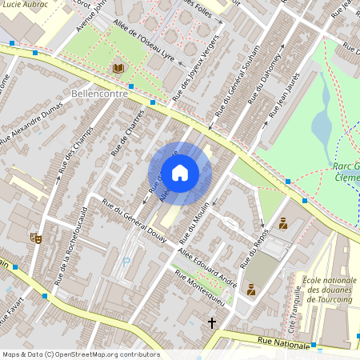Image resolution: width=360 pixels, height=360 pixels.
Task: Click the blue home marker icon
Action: point(180,173)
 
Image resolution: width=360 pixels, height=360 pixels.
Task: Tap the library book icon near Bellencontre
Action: point(119,69)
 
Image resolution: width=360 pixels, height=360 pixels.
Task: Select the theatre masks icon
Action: point(35,238)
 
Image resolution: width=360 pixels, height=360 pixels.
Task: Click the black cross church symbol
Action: point(212,322)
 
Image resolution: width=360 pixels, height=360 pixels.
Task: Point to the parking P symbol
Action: point(126,261)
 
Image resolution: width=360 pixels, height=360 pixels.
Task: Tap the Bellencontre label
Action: point(100,94)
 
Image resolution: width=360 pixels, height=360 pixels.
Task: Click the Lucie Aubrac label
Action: point(26,5)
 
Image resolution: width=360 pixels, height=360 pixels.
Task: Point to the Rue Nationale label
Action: point(283,343)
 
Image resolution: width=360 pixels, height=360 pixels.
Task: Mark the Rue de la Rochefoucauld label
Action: point(71,243)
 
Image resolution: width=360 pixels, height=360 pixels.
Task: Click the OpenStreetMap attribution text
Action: point(80,354)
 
